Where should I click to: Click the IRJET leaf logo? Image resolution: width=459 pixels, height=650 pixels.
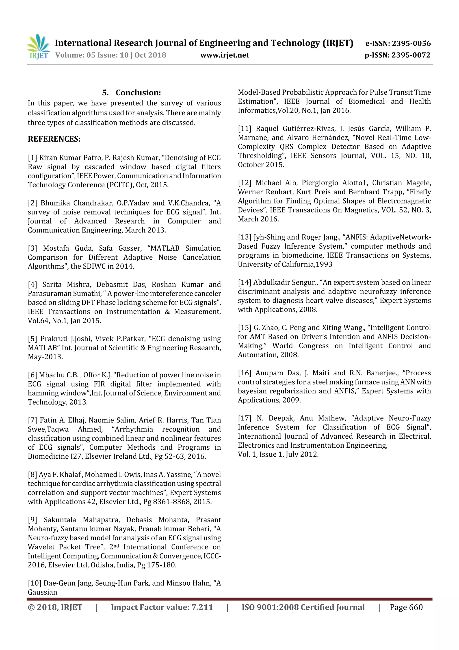(x=38, y=46)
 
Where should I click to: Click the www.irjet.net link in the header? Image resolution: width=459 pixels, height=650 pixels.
(x=225, y=55)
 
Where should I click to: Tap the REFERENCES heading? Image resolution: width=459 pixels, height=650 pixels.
(x=54, y=139)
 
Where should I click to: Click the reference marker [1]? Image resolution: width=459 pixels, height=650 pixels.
(x=32, y=158)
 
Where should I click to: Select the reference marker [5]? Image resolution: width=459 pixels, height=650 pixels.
(x=32, y=339)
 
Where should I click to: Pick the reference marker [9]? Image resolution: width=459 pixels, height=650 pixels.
(x=32, y=520)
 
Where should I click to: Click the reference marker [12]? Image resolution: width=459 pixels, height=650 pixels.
(x=245, y=183)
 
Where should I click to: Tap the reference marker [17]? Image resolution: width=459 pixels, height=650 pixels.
(x=245, y=418)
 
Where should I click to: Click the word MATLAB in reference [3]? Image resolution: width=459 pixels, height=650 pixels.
(x=165, y=248)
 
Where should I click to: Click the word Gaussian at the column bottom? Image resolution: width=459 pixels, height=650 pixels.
(x=42, y=592)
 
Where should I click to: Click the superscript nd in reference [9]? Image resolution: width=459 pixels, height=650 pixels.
(x=116, y=545)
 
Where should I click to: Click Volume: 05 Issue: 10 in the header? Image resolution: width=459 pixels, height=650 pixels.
(x=92, y=55)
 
